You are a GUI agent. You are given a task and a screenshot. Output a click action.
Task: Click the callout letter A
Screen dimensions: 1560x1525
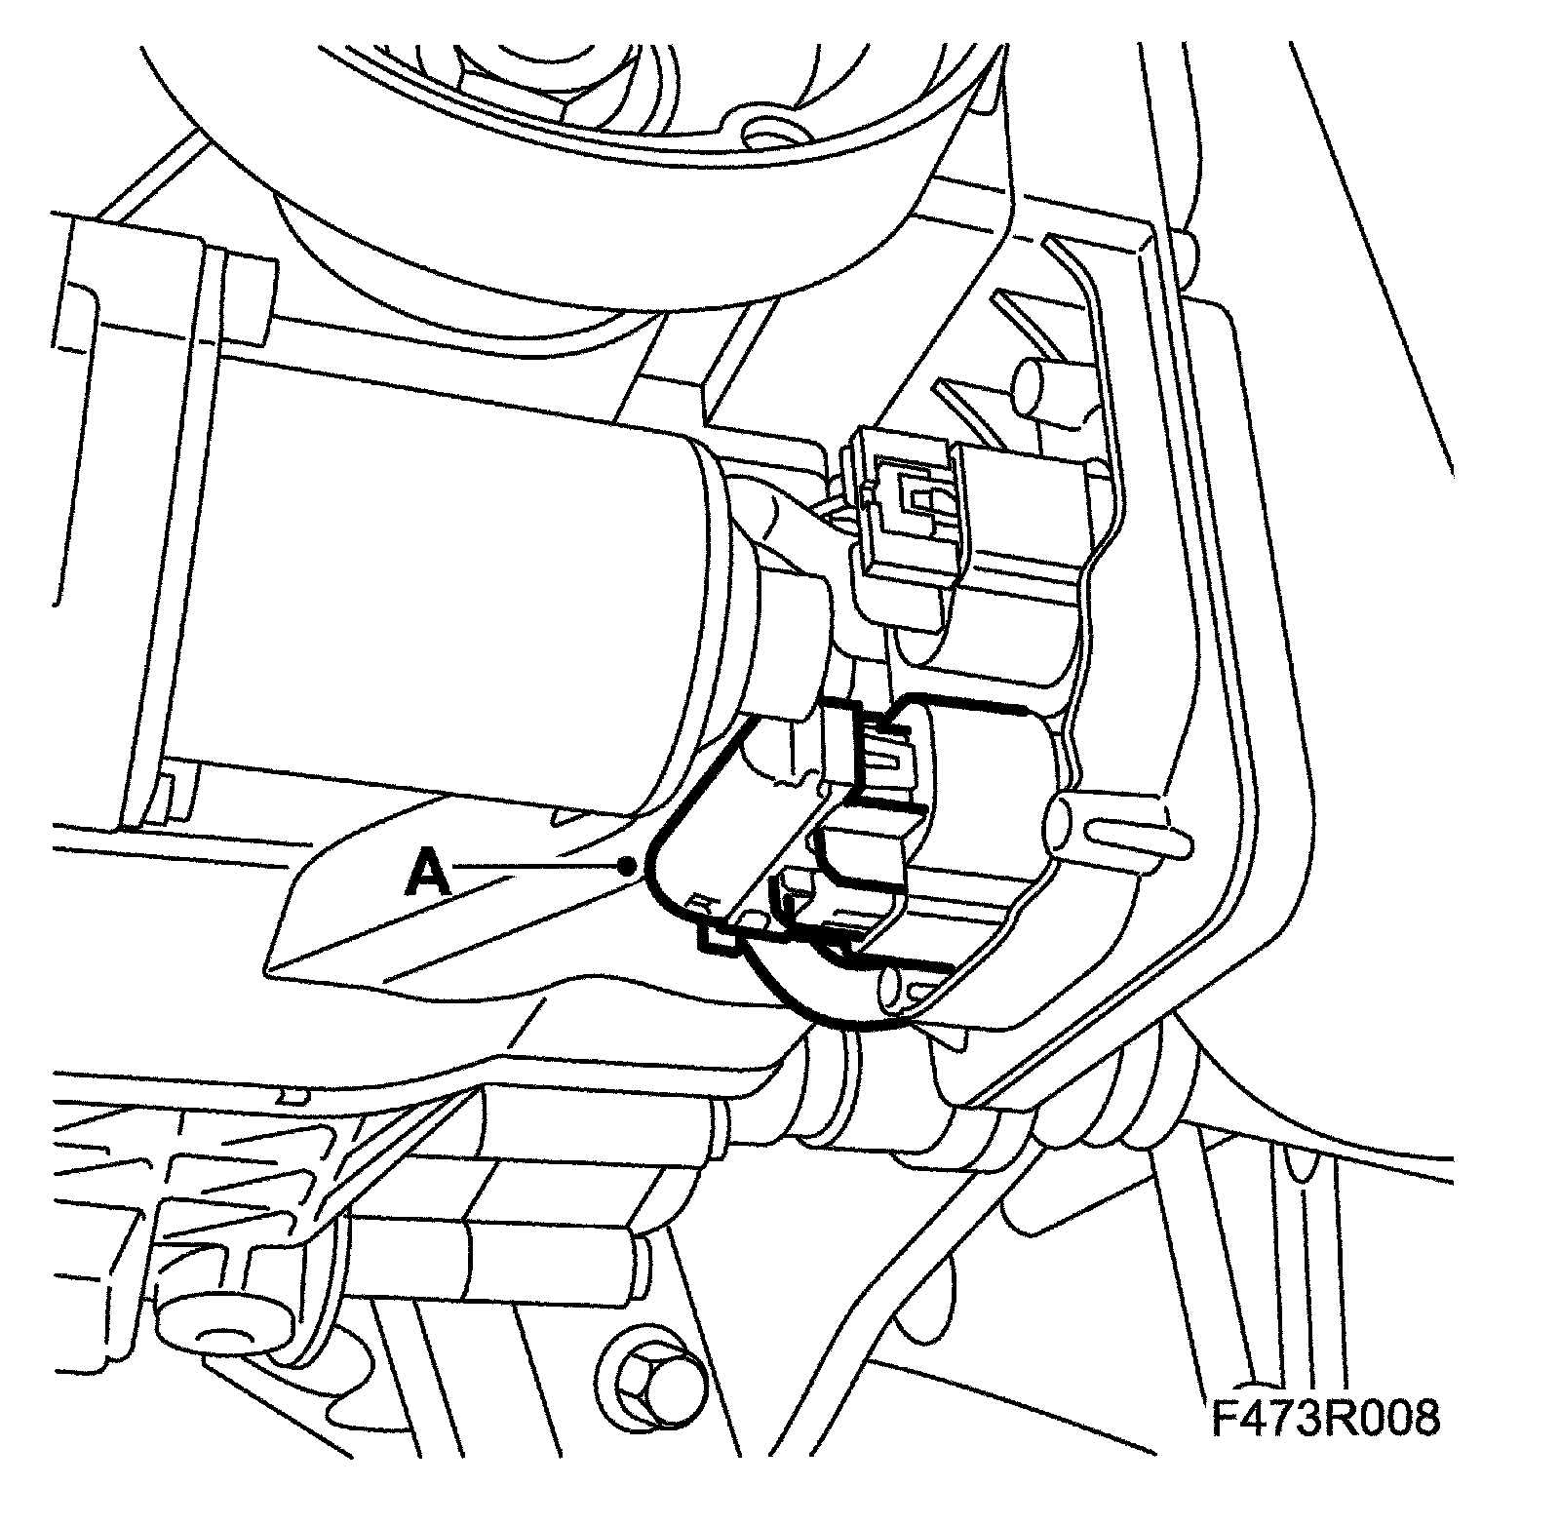429,871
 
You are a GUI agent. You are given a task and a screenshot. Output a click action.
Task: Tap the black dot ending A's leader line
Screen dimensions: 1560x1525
630,865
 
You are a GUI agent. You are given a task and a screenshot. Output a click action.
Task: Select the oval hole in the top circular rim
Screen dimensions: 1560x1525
765,130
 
